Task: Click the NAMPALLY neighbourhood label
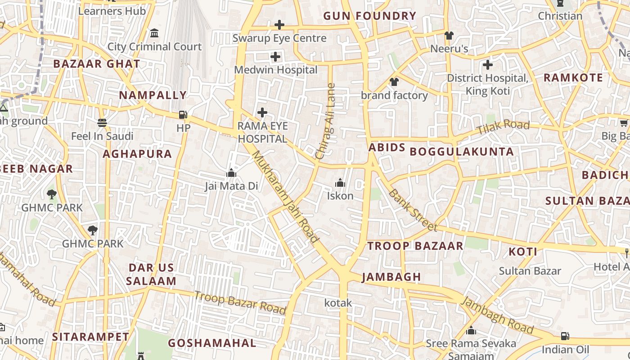[153, 95]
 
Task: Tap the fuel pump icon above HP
[183, 115]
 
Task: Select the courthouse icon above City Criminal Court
[154, 33]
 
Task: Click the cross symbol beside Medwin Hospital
[275, 57]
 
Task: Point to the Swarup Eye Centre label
[279, 38]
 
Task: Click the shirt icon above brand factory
[394, 82]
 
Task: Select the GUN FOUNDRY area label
[370, 16]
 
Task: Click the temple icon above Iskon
[340, 183]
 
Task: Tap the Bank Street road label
[412, 210]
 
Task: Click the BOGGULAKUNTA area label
[462, 152]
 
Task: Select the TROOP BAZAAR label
[415, 246]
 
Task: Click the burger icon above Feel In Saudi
[102, 122]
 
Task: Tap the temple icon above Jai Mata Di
[231, 173]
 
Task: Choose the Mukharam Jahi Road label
[285, 197]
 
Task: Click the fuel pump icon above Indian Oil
[565, 336]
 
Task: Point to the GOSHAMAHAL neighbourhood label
[212, 343]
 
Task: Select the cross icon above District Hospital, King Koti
[488, 65]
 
